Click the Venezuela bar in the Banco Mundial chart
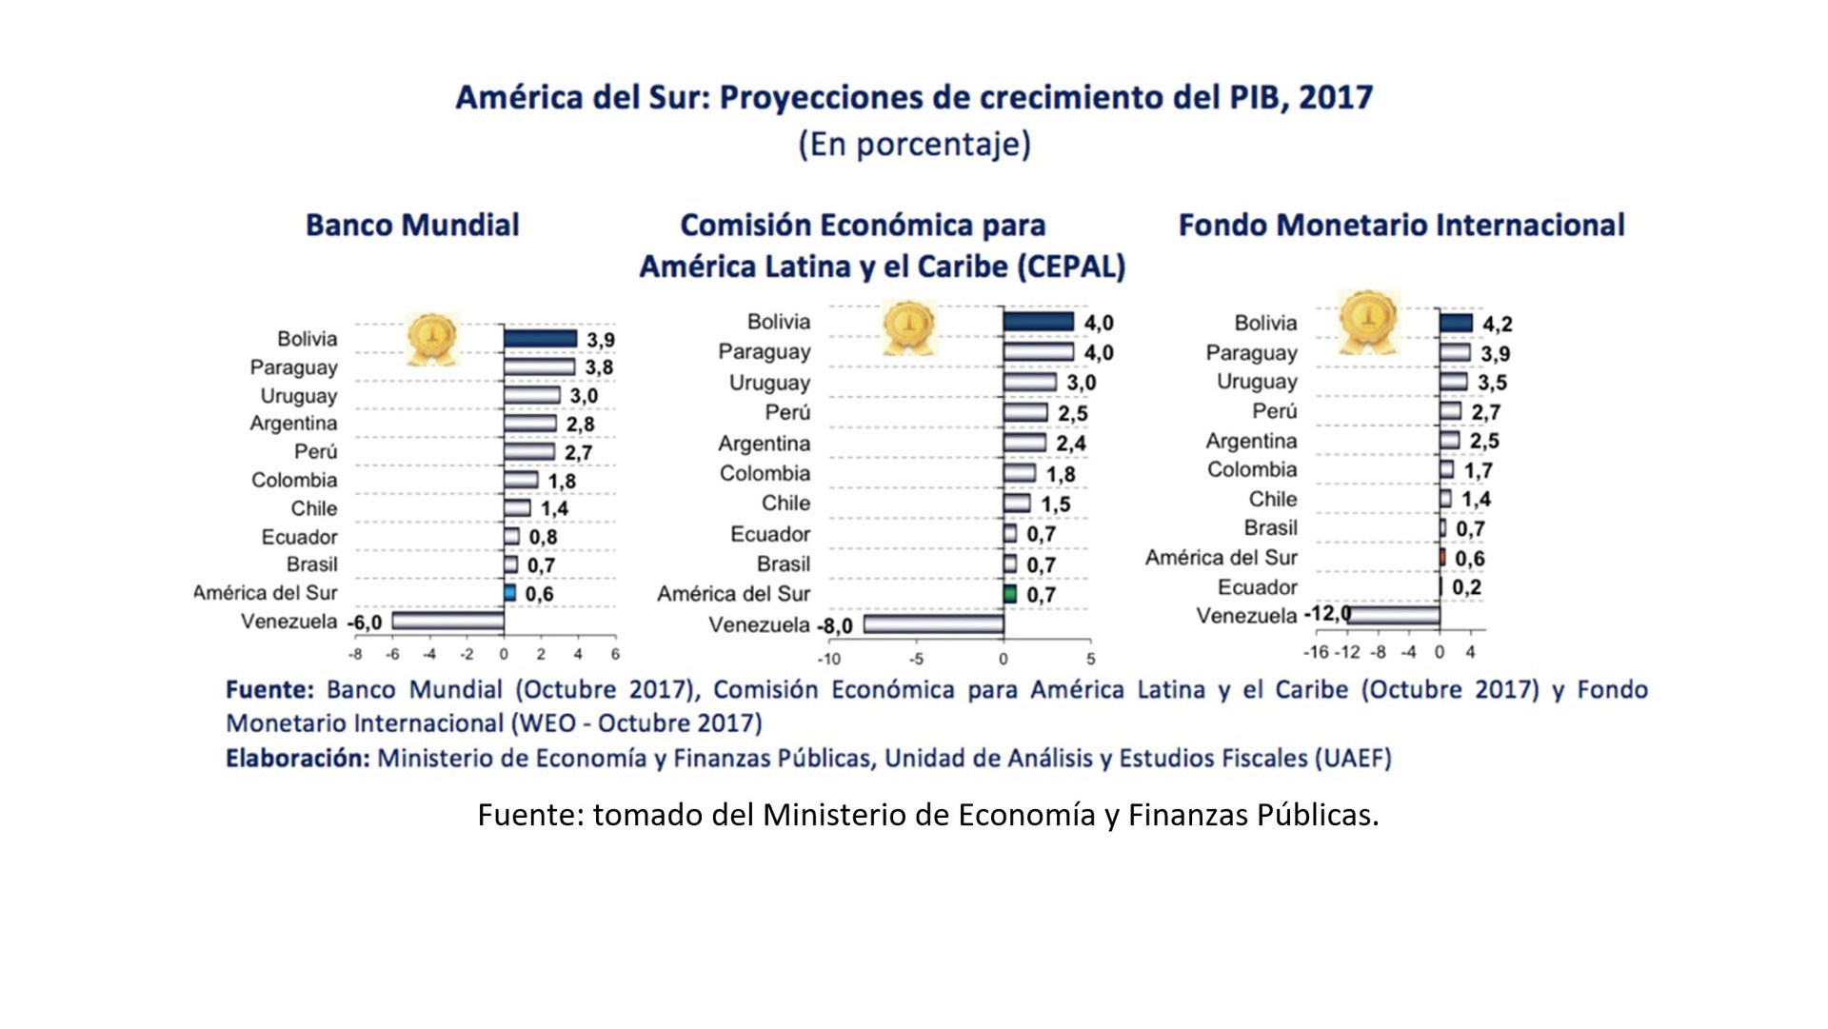coord(447,622)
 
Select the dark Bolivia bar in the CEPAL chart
coord(1038,322)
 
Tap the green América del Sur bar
coord(1010,594)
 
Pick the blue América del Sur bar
coord(510,593)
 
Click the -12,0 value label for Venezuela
coord(1327,613)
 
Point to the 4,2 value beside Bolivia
coord(1497,325)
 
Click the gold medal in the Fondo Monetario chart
coord(1367,321)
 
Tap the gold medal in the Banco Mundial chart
coord(432,338)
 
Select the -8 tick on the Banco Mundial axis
coord(355,655)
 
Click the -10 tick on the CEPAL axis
coord(828,659)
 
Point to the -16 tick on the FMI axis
coord(1316,652)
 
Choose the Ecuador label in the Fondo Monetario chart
coord(1257,587)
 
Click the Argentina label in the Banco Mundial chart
coord(293,424)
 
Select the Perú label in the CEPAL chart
coord(787,412)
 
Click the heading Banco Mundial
coord(412,226)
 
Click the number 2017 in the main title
coord(1336,97)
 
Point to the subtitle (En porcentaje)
coord(914,145)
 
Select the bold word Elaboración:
coord(297,759)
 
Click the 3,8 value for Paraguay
coord(599,367)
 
